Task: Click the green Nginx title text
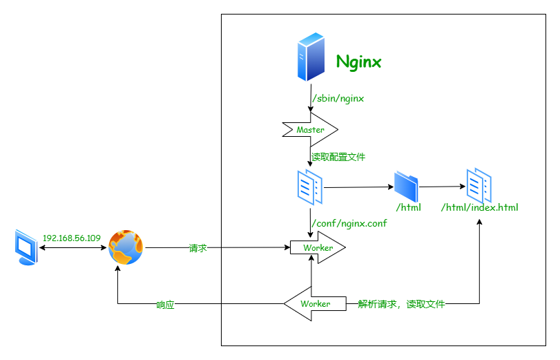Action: pyautogui.click(x=358, y=62)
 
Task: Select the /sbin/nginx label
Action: pyautogui.click(x=338, y=99)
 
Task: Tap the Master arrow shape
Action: pyautogui.click(x=310, y=130)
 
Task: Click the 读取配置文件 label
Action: pyautogui.click(x=338, y=157)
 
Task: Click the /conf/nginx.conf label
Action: pyautogui.click(x=349, y=223)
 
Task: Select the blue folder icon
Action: pyautogui.click(x=406, y=187)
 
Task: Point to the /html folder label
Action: pyautogui.click(x=408, y=207)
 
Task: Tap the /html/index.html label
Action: pyautogui.click(x=479, y=207)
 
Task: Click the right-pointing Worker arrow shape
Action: pyautogui.click(x=318, y=247)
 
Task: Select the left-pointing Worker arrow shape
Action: pyautogui.click(x=314, y=304)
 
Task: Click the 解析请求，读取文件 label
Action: pyautogui.click(x=401, y=304)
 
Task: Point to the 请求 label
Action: pyautogui.click(x=198, y=247)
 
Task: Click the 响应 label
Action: pyautogui.click(x=165, y=305)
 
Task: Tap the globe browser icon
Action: pyautogui.click(x=126, y=247)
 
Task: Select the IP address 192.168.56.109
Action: pyautogui.click(x=71, y=238)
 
